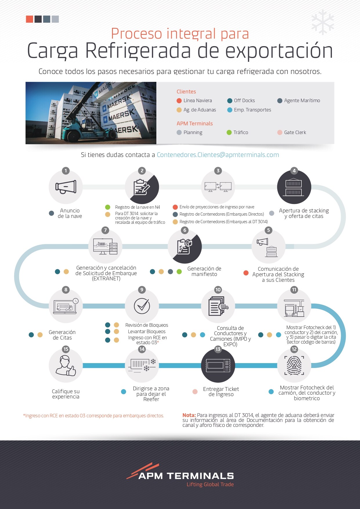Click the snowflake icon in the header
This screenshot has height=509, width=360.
(323, 22)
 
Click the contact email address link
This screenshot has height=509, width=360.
(218, 155)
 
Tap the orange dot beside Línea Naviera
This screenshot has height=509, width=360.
(179, 101)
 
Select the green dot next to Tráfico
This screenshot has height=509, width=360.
(229, 132)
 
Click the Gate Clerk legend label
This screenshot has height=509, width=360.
(295, 132)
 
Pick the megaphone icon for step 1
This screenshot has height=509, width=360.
(66, 187)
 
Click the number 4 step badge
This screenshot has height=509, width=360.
(294, 171)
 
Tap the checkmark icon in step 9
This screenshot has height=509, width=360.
(142, 306)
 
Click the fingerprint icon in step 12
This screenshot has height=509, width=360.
(294, 365)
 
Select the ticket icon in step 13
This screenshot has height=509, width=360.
(218, 365)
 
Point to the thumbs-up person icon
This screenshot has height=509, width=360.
(66, 366)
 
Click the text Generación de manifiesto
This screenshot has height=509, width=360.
(204, 271)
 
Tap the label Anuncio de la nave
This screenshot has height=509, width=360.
(70, 213)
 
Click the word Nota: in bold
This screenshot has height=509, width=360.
(189, 415)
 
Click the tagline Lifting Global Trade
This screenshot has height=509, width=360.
(210, 484)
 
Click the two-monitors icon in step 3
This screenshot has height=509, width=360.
(218, 187)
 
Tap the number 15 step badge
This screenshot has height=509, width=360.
(66, 349)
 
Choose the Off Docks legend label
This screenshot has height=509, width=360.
(244, 100)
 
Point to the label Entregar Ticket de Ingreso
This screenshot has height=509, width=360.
(221, 391)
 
